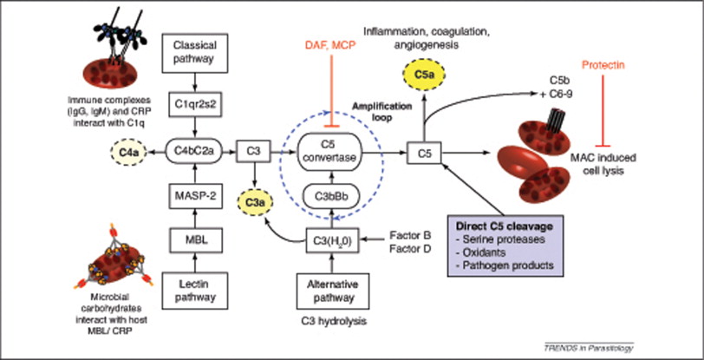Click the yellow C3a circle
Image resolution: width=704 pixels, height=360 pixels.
tap(256, 202)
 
